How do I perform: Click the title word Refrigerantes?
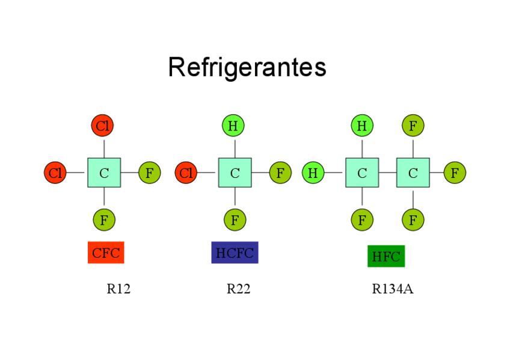click(x=247, y=67)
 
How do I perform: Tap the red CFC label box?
click(x=106, y=253)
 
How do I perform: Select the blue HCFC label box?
click(x=235, y=252)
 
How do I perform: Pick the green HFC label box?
click(x=386, y=256)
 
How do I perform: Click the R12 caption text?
click(x=118, y=289)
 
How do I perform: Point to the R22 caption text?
click(x=238, y=289)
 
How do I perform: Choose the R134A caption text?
click(x=392, y=289)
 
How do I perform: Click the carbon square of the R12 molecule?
click(x=104, y=173)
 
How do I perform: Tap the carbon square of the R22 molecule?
click(x=235, y=173)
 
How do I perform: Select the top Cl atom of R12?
click(x=103, y=126)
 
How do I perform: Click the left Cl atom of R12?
click(x=55, y=173)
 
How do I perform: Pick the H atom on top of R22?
click(x=233, y=126)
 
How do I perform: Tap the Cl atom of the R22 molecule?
click(x=186, y=173)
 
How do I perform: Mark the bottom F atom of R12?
click(x=104, y=220)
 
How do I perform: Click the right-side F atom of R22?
click(x=280, y=173)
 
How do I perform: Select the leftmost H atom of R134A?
click(x=313, y=173)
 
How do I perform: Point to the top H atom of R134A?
click(x=362, y=126)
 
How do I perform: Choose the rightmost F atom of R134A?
click(x=455, y=173)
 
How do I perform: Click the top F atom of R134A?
click(x=413, y=126)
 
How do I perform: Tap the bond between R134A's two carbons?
click(x=387, y=173)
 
